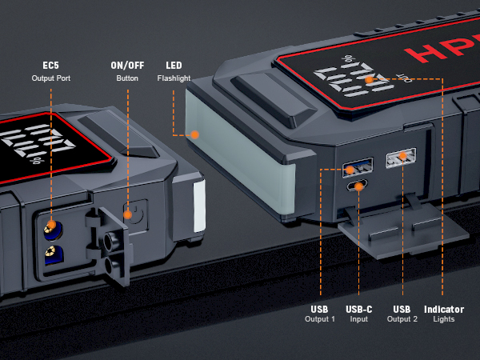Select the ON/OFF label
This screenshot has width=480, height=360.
point(126,65)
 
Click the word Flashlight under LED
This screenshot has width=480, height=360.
point(174,78)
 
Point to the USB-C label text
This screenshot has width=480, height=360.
point(358,308)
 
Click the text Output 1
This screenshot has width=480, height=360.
point(319,319)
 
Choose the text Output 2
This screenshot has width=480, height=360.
point(402,319)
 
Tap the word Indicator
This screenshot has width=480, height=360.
point(443,308)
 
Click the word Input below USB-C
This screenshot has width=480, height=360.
point(358,319)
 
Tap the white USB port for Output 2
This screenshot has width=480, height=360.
point(400,159)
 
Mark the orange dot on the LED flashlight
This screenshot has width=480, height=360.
point(194,134)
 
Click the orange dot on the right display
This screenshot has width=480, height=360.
point(369,79)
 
